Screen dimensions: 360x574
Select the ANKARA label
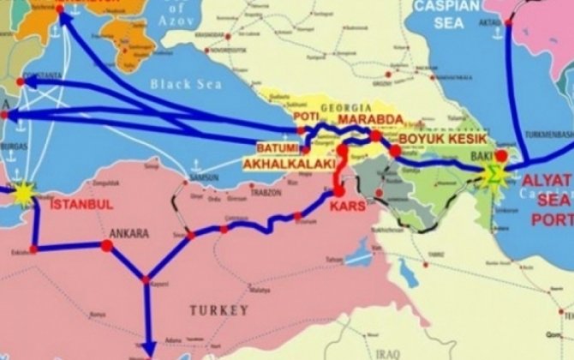click(129, 233)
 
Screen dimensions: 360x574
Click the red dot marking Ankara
click(107, 246)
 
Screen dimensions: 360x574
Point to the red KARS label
click(347, 207)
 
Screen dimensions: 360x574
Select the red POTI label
click(306, 115)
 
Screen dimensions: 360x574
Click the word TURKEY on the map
click(219, 309)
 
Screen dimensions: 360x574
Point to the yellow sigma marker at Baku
click(493, 175)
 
